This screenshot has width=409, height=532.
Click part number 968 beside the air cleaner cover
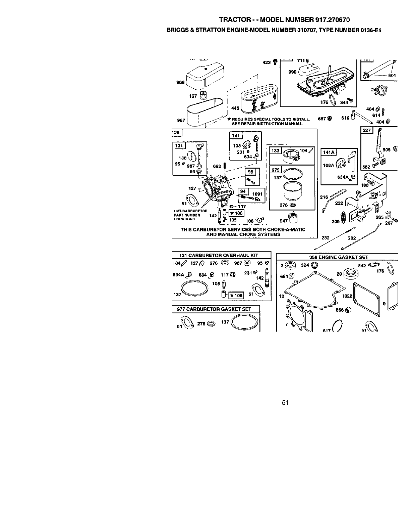point(180,83)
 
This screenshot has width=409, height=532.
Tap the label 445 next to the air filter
point(235,108)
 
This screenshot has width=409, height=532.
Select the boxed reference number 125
point(176,133)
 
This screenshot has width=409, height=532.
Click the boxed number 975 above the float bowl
point(275,170)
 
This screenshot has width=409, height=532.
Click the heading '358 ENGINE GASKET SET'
point(338,257)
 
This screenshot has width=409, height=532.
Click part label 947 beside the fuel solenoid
point(284,221)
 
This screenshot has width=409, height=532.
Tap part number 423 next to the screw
point(267,62)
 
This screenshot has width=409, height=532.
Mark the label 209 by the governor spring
point(335,221)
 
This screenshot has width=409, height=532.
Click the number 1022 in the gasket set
point(347,296)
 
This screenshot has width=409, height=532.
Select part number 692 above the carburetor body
point(217,166)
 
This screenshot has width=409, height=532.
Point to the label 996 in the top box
point(292,72)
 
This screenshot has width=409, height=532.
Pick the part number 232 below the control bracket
point(325,238)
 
